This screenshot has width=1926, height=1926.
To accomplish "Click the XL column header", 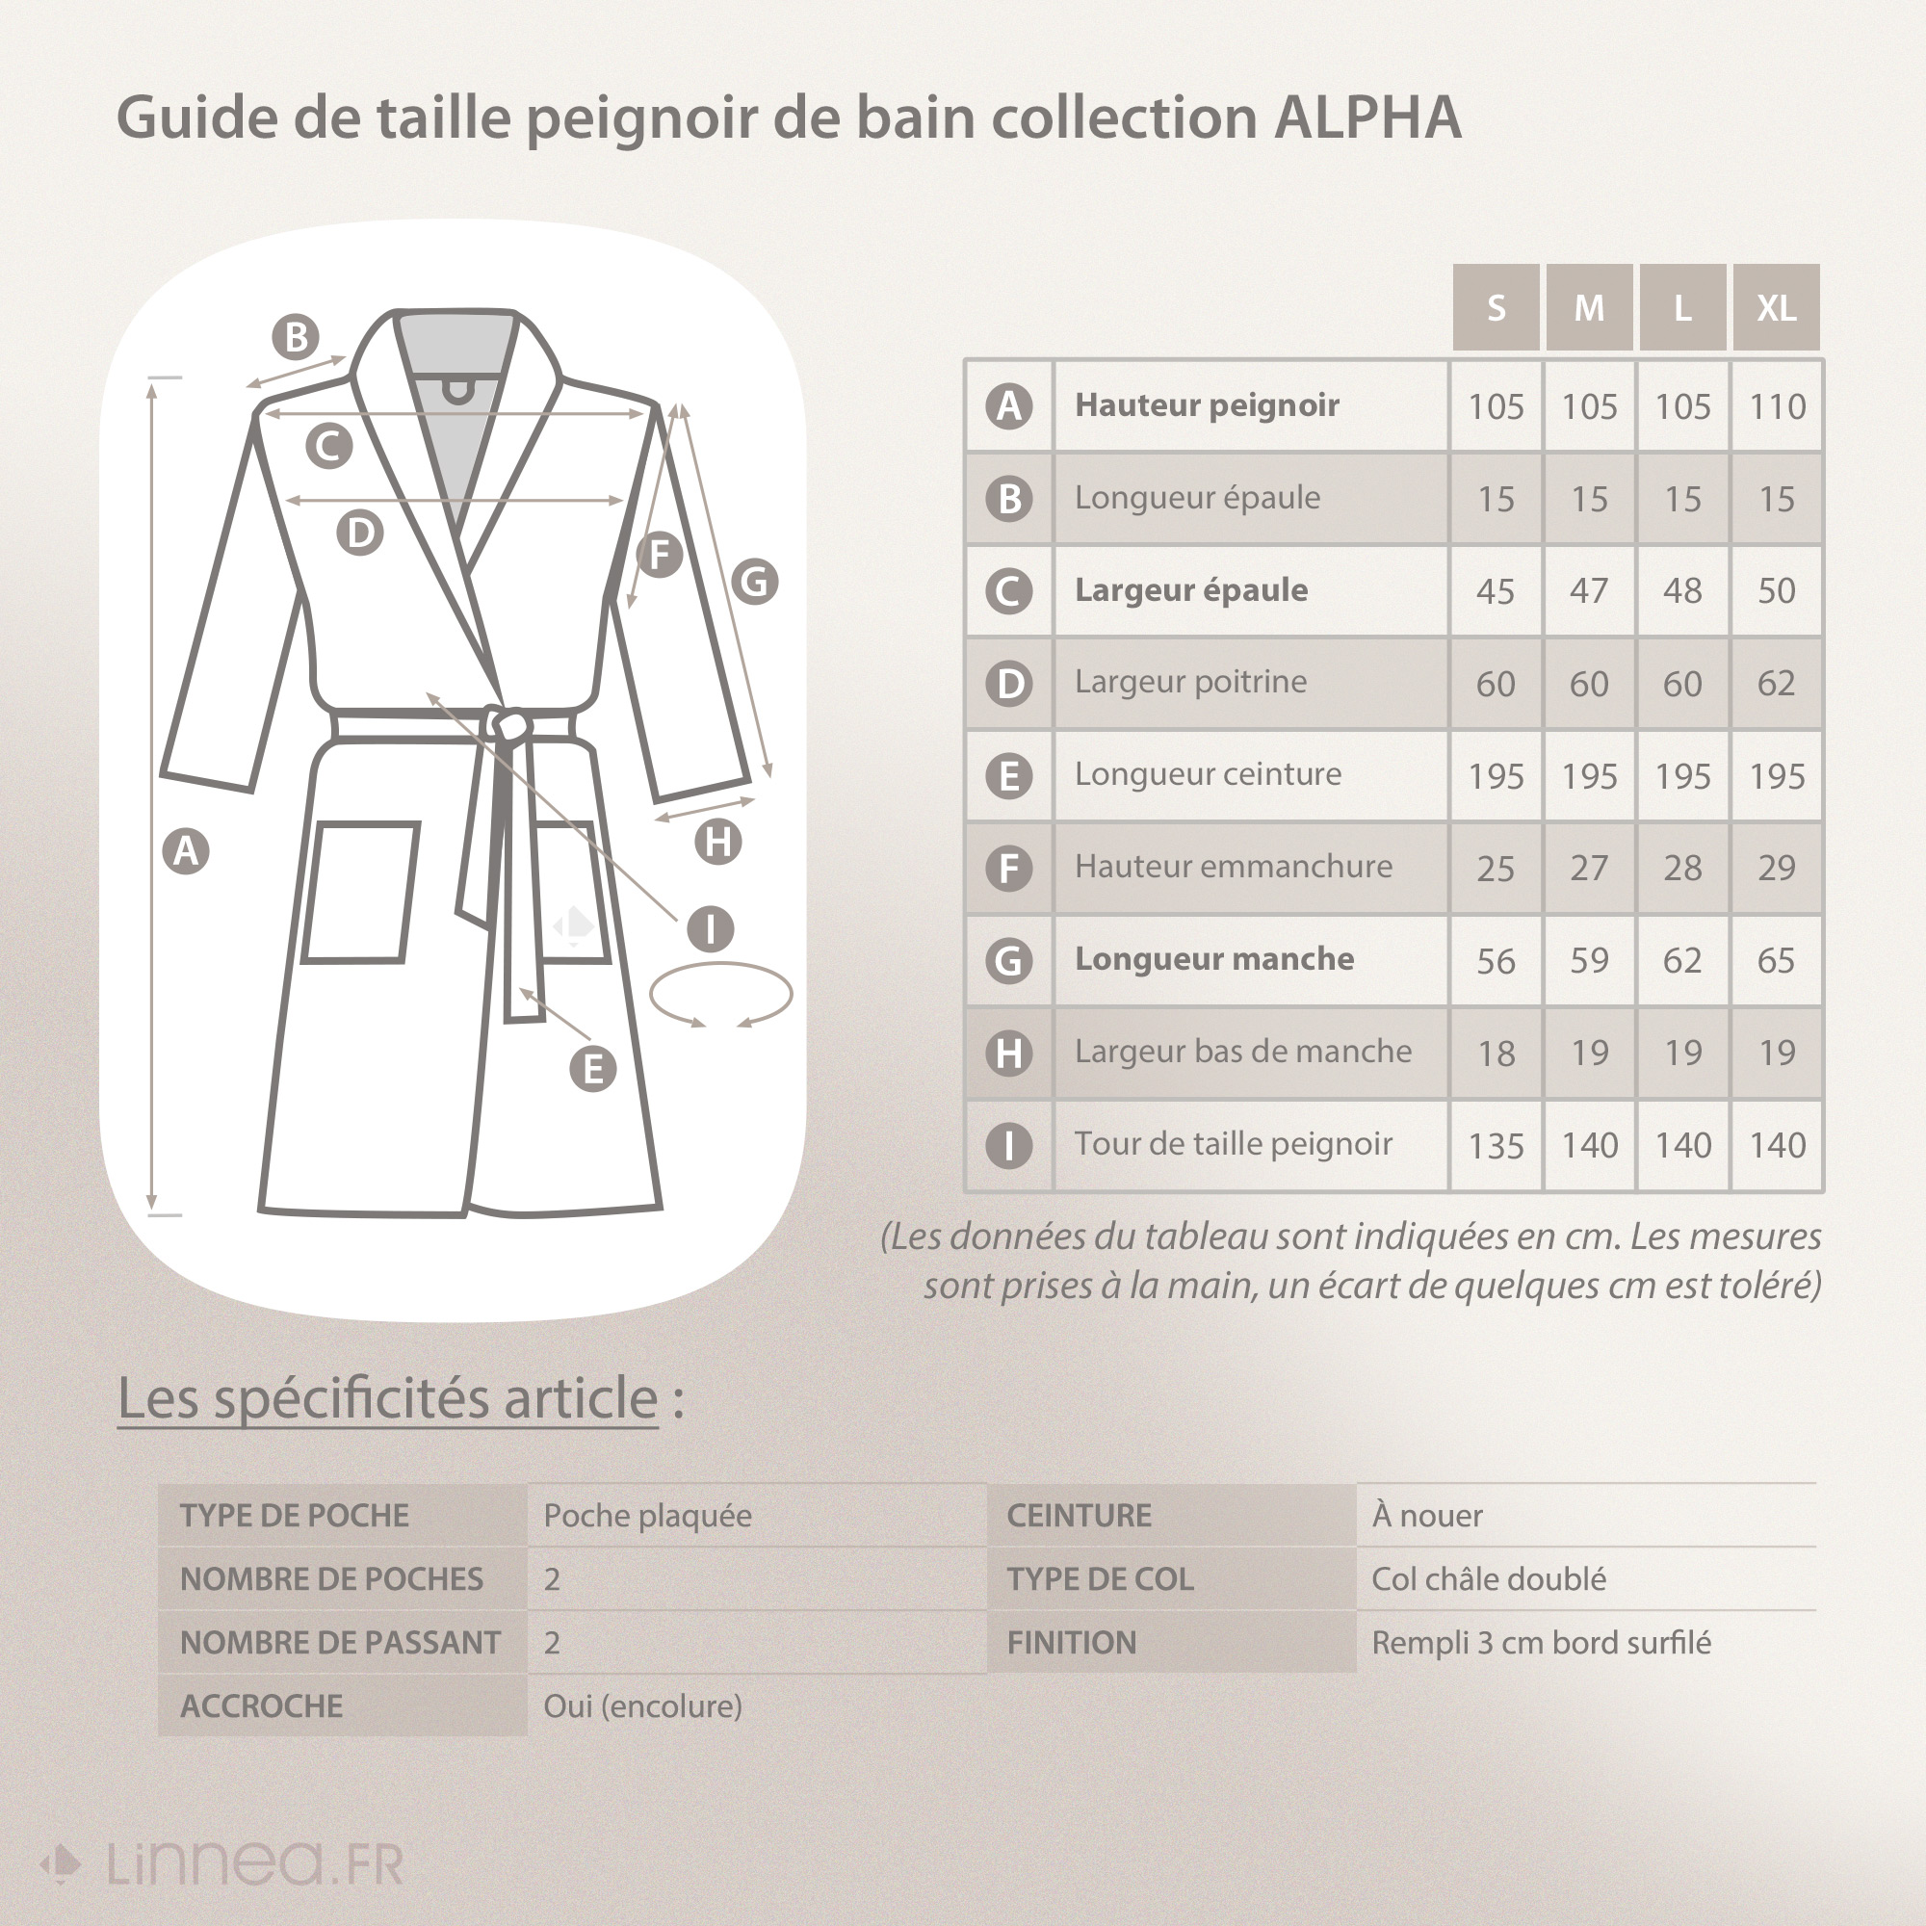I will click(x=1776, y=307).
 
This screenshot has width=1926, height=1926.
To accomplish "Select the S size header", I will click(x=1496, y=307).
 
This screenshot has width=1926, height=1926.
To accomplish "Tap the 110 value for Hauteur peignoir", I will click(x=1777, y=405).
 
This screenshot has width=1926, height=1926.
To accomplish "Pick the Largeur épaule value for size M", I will click(x=1589, y=590).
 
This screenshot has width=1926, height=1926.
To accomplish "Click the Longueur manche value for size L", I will click(x=1681, y=960).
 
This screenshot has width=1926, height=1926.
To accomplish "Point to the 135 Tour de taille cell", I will click(x=1496, y=1145).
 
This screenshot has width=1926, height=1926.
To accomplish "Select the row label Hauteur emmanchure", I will click(x=1234, y=867).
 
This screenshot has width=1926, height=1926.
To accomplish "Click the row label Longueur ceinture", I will click(x=1208, y=773).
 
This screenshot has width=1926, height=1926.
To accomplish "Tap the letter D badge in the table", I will click(x=1009, y=684).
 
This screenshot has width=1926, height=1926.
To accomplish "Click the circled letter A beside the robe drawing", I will click(x=187, y=851).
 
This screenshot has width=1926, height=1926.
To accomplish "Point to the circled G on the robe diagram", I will click(x=755, y=582).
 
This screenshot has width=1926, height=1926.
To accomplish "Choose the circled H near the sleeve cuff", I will click(x=717, y=843).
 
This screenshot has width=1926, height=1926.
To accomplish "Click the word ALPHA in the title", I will click(x=1367, y=117).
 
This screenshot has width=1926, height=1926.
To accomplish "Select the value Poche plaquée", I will click(x=647, y=1515).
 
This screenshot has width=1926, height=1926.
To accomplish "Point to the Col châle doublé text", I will click(x=1489, y=1579).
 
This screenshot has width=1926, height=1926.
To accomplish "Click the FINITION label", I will click(x=1071, y=1643).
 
